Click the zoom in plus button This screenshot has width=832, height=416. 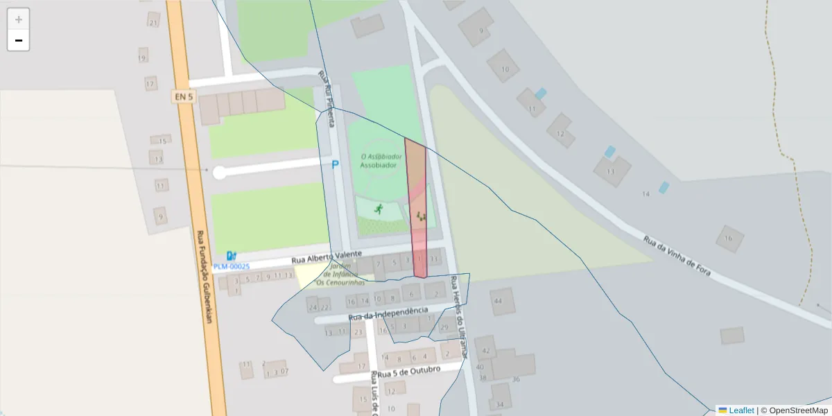click(x=19, y=19)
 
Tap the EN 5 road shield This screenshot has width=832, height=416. click(x=182, y=97)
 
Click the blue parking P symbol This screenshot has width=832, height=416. click(x=336, y=165)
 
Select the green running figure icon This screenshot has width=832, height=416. click(x=379, y=209)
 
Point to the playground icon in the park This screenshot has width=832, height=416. click(x=421, y=216)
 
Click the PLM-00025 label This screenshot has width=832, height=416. click(x=232, y=266)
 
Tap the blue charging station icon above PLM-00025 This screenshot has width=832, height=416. click(x=230, y=256)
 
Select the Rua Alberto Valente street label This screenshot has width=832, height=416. click(x=327, y=257)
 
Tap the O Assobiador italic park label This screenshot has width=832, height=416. click(x=381, y=157)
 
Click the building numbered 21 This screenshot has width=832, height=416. click(x=153, y=22)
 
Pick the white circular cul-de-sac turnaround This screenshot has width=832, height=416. click(x=220, y=173)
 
